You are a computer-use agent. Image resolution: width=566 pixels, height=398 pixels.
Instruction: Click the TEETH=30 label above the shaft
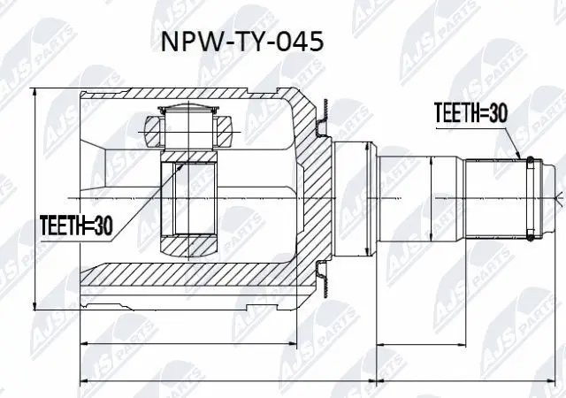point(469,113)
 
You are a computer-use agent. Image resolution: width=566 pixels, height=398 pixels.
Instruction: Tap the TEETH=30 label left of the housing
point(77,226)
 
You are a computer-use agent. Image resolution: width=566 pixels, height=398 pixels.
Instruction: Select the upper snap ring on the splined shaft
point(529,160)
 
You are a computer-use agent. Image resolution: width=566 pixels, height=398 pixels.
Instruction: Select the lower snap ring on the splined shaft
point(529,235)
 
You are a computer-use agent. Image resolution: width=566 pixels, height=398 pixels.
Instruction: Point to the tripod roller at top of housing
point(187,123)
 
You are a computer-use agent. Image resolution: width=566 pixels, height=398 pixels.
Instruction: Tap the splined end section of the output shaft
point(495,198)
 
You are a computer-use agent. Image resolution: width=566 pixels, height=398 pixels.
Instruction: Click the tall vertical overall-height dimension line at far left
point(34,200)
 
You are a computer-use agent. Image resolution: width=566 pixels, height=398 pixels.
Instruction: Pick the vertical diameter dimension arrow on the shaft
point(432,198)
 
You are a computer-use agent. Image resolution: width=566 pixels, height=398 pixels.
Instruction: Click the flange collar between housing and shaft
point(351,198)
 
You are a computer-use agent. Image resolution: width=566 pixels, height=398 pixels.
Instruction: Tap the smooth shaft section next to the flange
point(402,198)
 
